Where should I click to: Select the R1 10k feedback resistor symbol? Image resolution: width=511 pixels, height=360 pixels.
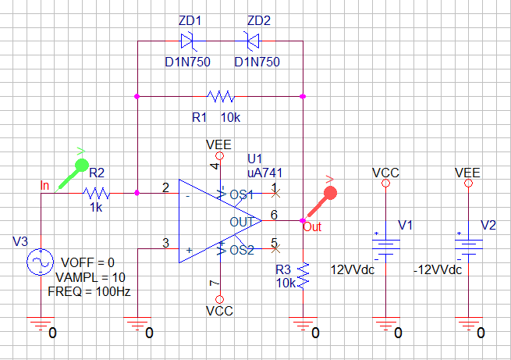[x=220, y=97]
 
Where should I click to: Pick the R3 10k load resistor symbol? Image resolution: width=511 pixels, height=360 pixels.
[x=303, y=273]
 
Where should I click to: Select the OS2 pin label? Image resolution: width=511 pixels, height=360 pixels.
[x=242, y=250]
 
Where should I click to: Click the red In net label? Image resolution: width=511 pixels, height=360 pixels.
[x=44, y=185]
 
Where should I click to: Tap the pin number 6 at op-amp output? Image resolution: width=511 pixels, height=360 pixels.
[x=274, y=214]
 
